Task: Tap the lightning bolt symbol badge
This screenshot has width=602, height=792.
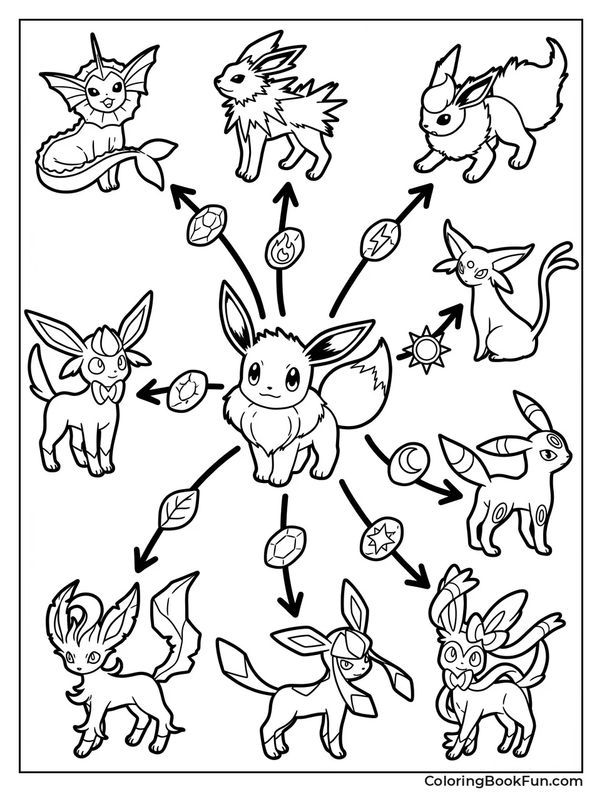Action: [x=380, y=238]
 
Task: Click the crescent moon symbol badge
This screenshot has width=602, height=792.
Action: [x=409, y=464]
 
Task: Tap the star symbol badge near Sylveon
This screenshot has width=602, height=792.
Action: [x=380, y=537]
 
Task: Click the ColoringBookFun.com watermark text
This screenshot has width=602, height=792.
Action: [x=503, y=781]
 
